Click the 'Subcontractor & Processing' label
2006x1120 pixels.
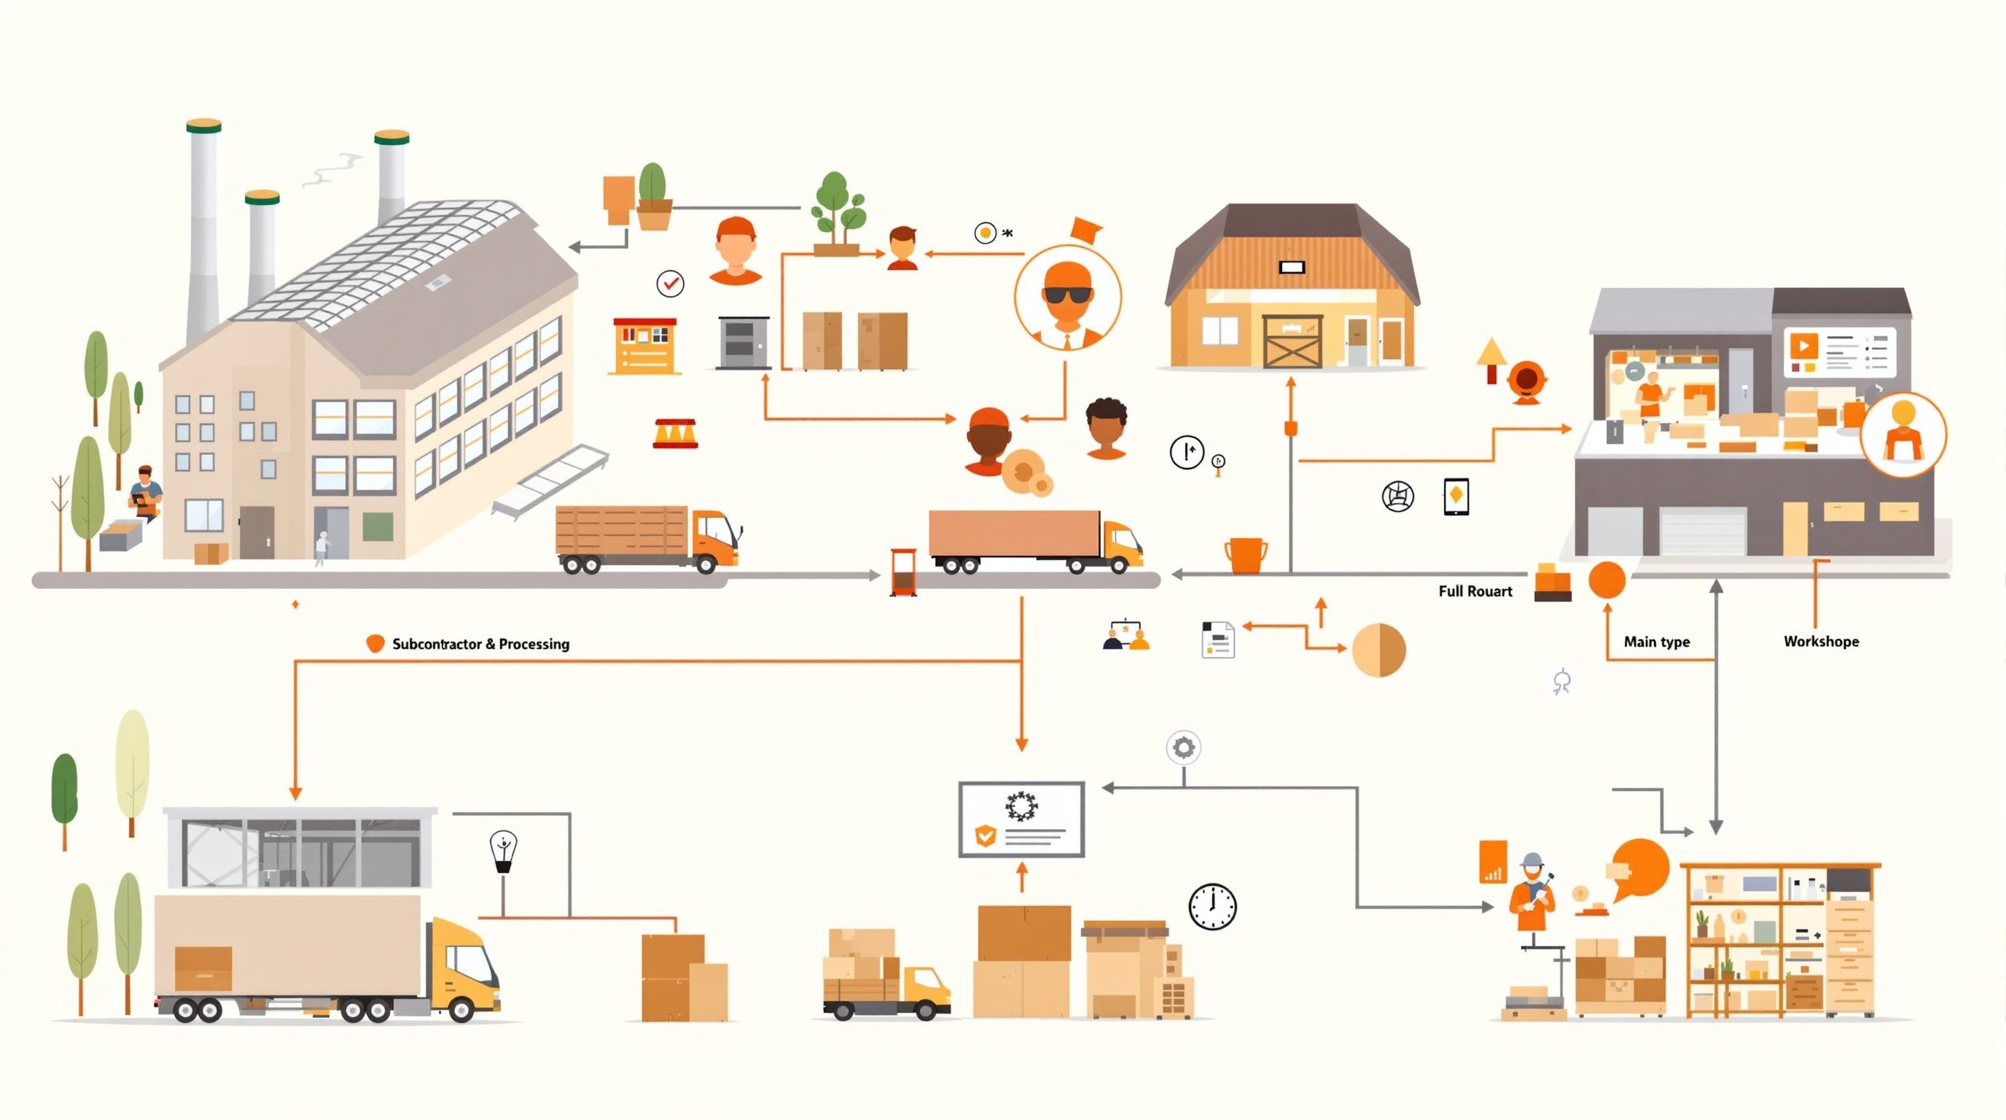click(480, 644)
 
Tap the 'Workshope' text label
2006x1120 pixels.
click(1821, 642)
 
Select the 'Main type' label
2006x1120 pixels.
click(1656, 642)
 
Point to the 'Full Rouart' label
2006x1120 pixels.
click(1475, 591)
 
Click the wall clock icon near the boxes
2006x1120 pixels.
click(1211, 906)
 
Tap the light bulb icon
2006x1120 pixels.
click(504, 851)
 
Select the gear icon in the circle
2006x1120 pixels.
click(1183, 747)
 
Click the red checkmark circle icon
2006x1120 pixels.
click(670, 284)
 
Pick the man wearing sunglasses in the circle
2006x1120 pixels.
click(1068, 297)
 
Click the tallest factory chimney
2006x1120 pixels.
click(203, 226)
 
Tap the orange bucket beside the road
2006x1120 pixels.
click(1245, 555)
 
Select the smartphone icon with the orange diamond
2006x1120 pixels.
click(1456, 496)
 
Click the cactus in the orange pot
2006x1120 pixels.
click(652, 196)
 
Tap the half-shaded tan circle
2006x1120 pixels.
click(1378, 650)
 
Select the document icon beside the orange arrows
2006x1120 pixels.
click(1217, 640)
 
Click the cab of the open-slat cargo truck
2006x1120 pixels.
click(714, 537)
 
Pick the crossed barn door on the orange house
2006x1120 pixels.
click(1292, 341)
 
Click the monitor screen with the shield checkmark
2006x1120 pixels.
click(1021, 819)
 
